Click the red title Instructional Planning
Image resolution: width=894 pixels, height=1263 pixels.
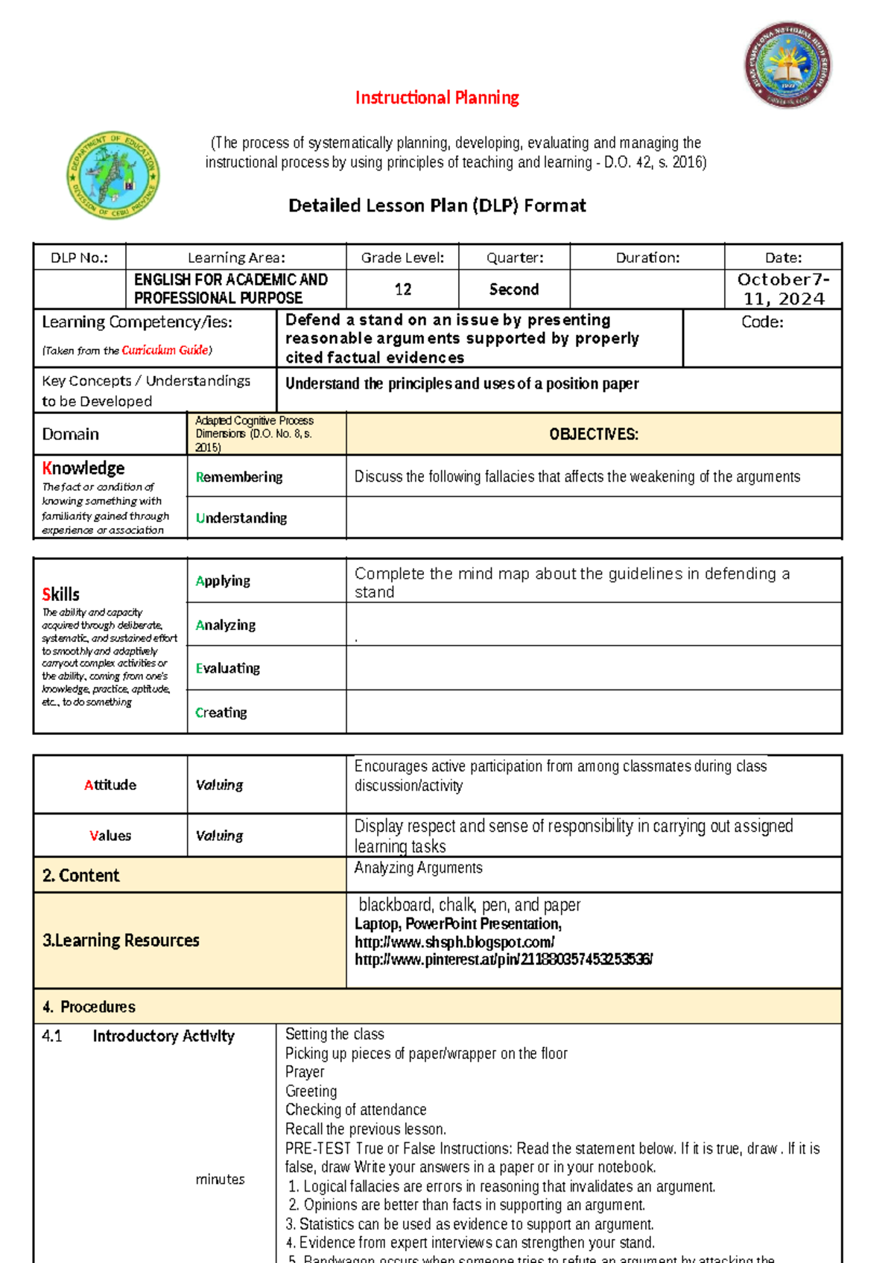pyautogui.click(x=437, y=98)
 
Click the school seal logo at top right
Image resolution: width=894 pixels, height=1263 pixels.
pyautogui.click(x=787, y=65)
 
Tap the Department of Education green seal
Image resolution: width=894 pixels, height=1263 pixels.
pyautogui.click(x=112, y=175)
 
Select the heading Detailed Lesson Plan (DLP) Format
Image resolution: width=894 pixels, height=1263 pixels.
pyautogui.click(x=437, y=206)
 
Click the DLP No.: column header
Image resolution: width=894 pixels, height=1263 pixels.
pyautogui.click(x=79, y=258)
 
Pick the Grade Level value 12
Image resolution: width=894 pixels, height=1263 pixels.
pyautogui.click(x=402, y=289)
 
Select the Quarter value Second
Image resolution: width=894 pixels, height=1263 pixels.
pyautogui.click(x=513, y=289)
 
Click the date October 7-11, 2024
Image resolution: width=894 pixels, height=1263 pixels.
pyautogui.click(x=783, y=289)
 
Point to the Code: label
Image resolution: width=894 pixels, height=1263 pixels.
pyautogui.click(x=761, y=322)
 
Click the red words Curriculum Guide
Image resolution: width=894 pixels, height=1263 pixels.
pyautogui.click(x=165, y=350)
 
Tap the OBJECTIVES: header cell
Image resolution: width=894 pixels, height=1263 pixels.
pyautogui.click(x=593, y=434)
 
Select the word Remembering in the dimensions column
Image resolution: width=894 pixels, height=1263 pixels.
pyautogui.click(x=239, y=477)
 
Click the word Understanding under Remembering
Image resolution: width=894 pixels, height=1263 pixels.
pyautogui.click(x=241, y=518)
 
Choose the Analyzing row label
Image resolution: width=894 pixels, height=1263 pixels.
pyautogui.click(x=226, y=625)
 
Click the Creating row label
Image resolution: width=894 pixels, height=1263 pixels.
pyautogui.click(x=221, y=712)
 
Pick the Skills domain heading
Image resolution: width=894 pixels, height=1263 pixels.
pyautogui.click(x=61, y=594)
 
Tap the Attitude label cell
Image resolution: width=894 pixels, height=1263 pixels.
pyautogui.click(x=110, y=785)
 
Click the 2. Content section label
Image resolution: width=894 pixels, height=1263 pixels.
pyautogui.click(x=81, y=876)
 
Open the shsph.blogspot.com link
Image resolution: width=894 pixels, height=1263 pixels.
pyautogui.click(x=454, y=942)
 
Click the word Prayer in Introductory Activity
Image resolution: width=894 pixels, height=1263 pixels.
pyautogui.click(x=305, y=1072)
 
